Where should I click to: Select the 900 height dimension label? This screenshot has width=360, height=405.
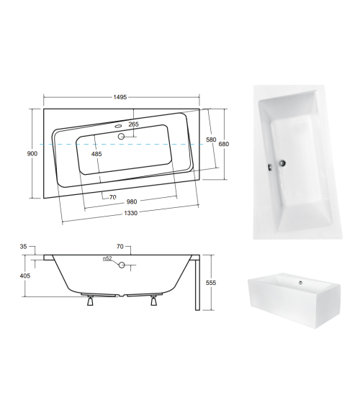point(32,153)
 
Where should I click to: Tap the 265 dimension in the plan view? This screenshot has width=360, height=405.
point(134,125)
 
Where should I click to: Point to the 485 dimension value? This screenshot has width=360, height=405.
point(96,154)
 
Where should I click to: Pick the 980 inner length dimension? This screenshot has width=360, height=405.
point(130,202)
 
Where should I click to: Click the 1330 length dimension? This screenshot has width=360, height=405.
point(130,213)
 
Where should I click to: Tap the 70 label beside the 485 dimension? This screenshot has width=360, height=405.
point(113,197)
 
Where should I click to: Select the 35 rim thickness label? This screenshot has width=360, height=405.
point(23,247)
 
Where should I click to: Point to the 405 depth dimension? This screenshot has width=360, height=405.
point(25,274)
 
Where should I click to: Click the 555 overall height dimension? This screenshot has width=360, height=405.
point(210,283)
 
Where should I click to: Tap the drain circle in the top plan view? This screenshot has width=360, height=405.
point(122,136)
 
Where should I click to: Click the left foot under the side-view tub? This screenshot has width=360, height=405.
point(89,302)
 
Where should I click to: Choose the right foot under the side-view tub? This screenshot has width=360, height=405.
point(153,302)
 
